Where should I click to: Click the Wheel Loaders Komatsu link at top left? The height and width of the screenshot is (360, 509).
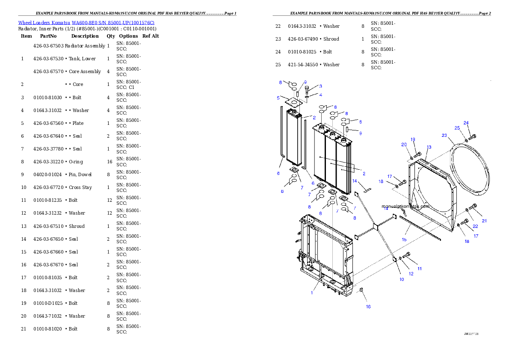(86, 23)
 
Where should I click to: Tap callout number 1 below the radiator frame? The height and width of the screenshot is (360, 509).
(312, 293)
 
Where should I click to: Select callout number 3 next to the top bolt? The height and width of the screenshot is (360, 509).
(320, 86)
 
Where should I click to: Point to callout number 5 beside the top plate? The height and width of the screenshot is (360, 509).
(278, 98)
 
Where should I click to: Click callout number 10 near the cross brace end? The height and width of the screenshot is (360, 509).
(402, 279)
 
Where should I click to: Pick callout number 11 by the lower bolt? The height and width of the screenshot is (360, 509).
(420, 269)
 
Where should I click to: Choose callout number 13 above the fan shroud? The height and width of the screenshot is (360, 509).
(429, 147)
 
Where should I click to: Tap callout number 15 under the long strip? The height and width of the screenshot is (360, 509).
(404, 239)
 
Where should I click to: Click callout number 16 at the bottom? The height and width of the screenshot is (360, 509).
(368, 307)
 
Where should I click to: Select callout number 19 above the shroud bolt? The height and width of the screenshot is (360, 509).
(413, 139)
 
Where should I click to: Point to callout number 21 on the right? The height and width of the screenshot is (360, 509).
(484, 221)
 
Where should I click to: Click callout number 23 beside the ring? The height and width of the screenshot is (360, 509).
(444, 136)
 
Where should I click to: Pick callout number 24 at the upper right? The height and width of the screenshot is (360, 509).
(466, 123)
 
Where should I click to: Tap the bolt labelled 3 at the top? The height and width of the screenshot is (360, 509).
(307, 89)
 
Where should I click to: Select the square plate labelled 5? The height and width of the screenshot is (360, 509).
(293, 103)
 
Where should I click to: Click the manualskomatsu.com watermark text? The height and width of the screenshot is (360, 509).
(405, 206)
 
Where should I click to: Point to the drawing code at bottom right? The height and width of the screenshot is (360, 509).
(471, 333)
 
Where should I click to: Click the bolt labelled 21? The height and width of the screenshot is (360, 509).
(473, 207)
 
